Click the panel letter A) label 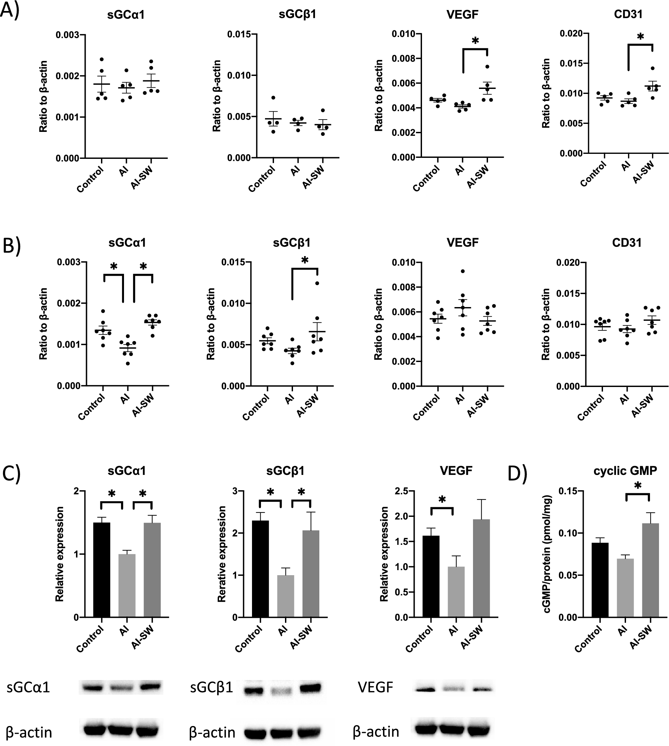point(10,10)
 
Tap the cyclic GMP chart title point(625,471)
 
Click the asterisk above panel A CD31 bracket point(641,37)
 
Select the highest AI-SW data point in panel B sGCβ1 point(317,283)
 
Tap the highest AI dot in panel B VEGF point(463,271)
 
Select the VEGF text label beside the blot point(375,687)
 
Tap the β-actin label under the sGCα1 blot point(29,732)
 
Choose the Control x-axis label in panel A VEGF point(426,178)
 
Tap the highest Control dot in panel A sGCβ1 point(273,98)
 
